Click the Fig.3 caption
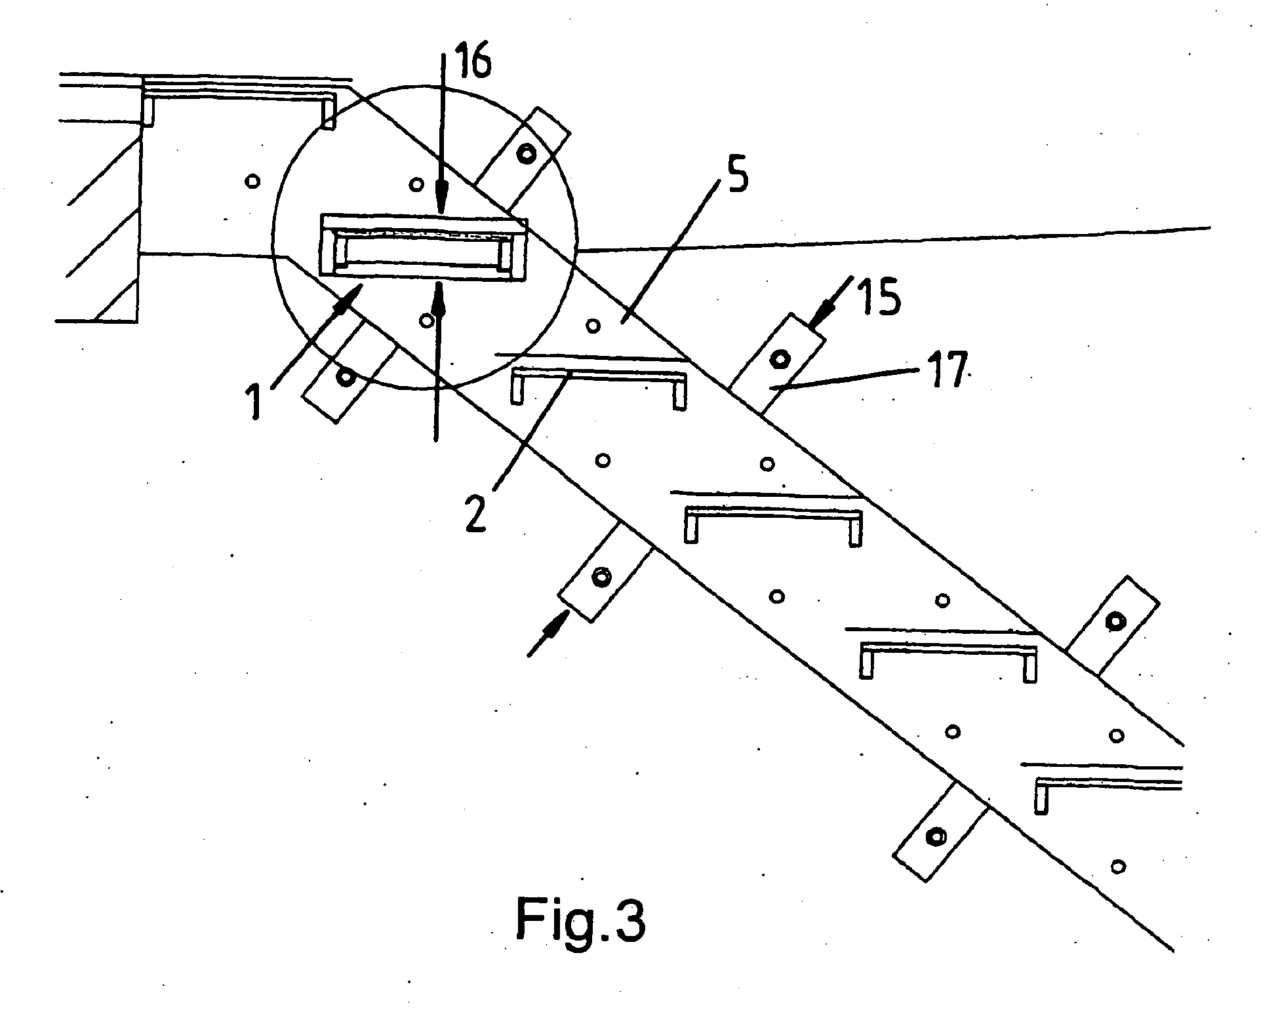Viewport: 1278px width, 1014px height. (580, 919)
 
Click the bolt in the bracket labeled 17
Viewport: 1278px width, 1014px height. (780, 358)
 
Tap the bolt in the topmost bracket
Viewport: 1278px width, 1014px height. (526, 154)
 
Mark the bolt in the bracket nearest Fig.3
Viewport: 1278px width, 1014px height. (936, 836)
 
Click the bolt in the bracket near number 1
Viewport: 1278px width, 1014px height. (345, 377)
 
